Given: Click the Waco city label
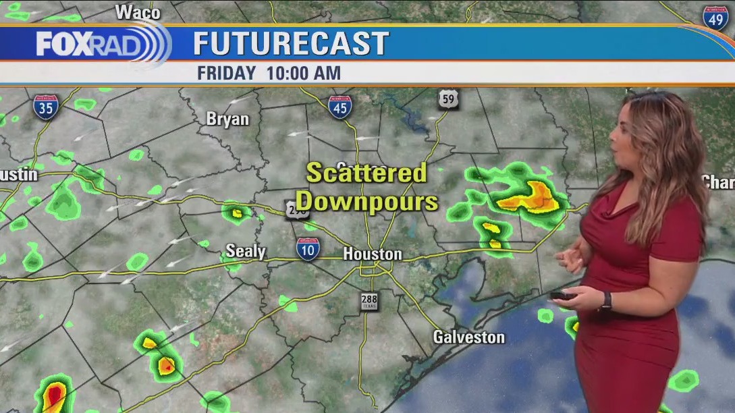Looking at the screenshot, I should pos(138,12).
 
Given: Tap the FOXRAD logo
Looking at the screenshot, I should pos(101,44).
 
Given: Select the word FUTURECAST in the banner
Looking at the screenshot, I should pos(291,44).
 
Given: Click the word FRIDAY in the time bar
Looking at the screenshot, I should pos(226,73).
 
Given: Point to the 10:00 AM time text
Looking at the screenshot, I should pos(304,73).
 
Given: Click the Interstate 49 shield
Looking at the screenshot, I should pos(715,18).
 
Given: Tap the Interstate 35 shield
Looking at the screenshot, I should pos(46,107).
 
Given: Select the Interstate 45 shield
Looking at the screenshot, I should pos(339,107).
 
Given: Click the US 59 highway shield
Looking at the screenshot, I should pos(447,99).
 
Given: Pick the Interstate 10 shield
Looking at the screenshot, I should pos(308,249).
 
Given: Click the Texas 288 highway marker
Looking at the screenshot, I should pos(369,301).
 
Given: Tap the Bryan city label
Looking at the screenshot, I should pos(227,119).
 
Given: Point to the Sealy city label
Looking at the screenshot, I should pos(246,252).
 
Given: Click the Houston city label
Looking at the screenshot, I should pos(373,254).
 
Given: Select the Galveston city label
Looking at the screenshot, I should pos(469,337).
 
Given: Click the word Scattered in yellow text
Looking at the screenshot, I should pos(366,173).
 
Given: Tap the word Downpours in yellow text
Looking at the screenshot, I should pos(367,201).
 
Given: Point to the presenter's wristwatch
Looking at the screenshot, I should pos(605,300).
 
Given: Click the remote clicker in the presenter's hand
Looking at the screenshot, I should pos(562,296).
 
